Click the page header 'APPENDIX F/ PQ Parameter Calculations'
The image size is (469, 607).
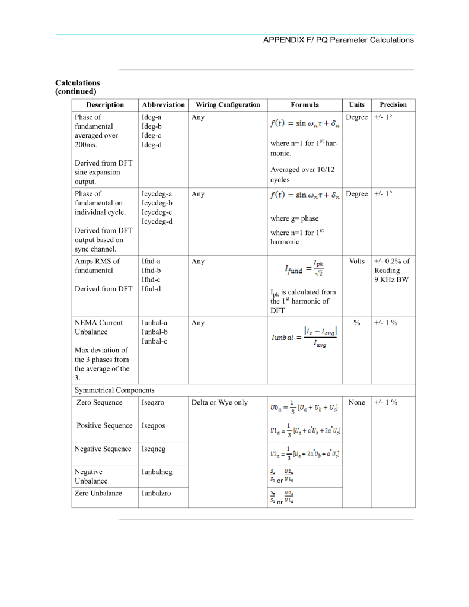coord(338,40)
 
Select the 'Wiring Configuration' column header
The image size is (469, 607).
coord(228,104)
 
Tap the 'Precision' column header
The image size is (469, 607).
coord(393,104)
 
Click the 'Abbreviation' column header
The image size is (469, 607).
coord(164,105)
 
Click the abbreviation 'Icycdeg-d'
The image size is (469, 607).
coord(157,221)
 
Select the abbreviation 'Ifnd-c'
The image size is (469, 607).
coord(151,279)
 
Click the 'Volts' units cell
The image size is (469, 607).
coord(357,261)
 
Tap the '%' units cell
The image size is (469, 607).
coord(357,323)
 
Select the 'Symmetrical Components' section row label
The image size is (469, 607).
coord(114,390)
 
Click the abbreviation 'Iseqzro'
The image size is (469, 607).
coord(154,403)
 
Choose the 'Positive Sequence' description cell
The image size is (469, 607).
coord(104,425)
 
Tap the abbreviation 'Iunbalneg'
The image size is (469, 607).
coord(158,472)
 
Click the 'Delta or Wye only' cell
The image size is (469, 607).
coord(219,403)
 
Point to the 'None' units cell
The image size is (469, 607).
coord(357,403)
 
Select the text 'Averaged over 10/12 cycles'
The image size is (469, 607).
coord(302,174)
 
